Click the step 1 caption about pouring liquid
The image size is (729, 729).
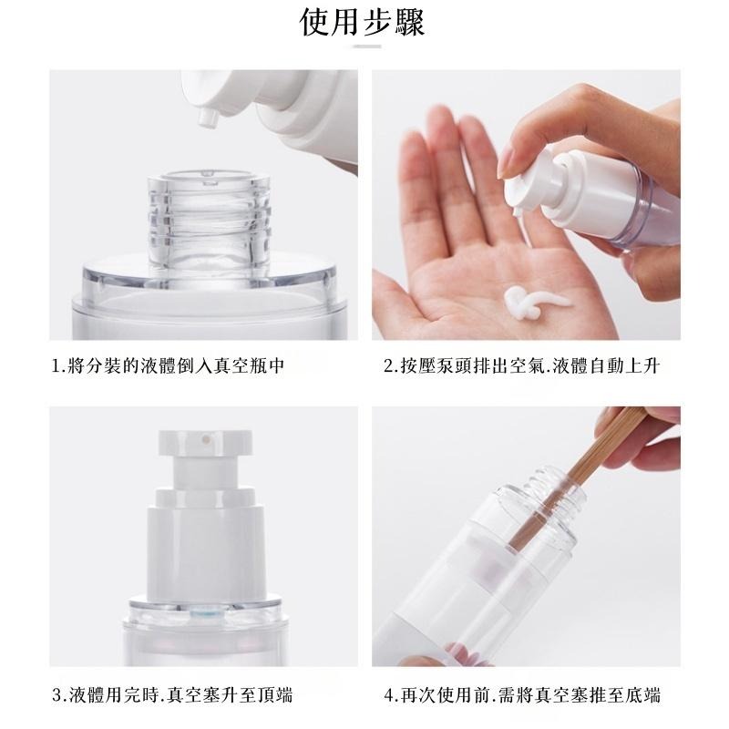click(x=169, y=366)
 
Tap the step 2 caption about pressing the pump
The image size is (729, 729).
click(x=520, y=366)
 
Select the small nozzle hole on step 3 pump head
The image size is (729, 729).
click(x=208, y=439)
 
